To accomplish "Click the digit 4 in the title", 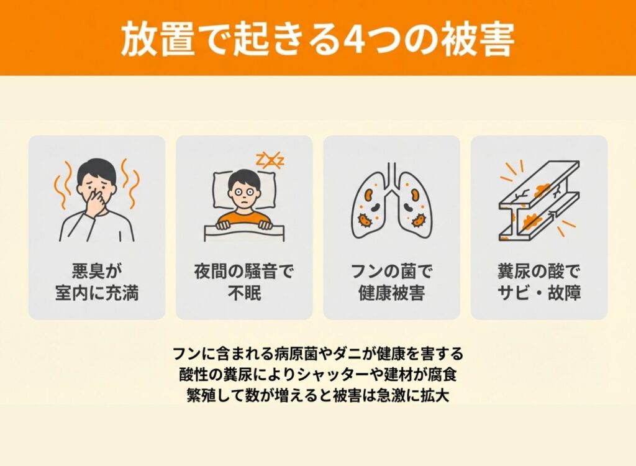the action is pyautogui.click(x=353, y=39).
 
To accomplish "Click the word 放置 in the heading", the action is pyautogui.click(x=157, y=39).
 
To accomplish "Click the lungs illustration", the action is pyautogui.click(x=392, y=200).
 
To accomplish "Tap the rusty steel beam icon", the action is pyautogui.click(x=539, y=200).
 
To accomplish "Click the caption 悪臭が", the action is pyautogui.click(x=97, y=271).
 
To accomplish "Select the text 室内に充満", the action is pyautogui.click(x=97, y=293).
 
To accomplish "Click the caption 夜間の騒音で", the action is pyautogui.click(x=244, y=271).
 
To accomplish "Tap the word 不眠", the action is pyautogui.click(x=244, y=293).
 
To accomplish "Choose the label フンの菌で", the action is pyautogui.click(x=392, y=271).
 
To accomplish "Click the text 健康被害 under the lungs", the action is pyautogui.click(x=392, y=293).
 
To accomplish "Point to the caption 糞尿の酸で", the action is pyautogui.click(x=539, y=271).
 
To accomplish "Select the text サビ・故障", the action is pyautogui.click(x=539, y=293).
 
